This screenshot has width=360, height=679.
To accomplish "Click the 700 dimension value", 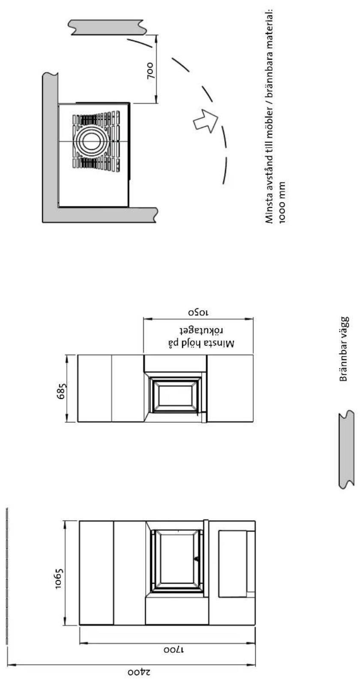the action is pos(150,70).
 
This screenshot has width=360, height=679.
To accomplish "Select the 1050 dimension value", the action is pos(198,312).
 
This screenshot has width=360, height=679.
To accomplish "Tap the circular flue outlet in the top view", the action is pos(92,141).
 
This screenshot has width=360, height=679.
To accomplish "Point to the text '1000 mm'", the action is pos(282,202).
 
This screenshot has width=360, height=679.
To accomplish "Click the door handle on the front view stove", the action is pos(197,558).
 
